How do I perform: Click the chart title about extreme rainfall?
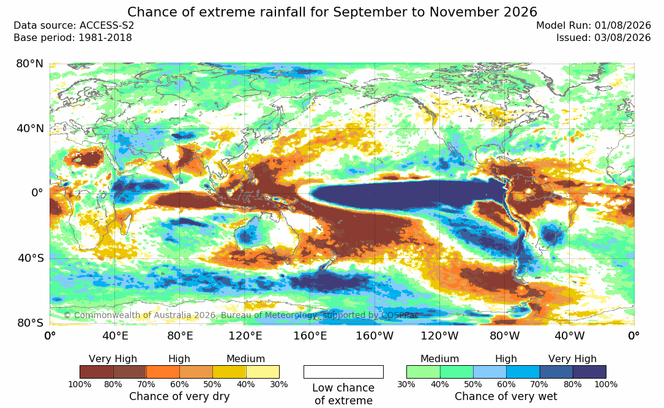click(x=332, y=12)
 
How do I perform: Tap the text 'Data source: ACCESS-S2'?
click(x=73, y=26)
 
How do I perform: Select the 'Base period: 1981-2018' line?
click(x=72, y=38)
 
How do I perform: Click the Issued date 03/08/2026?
click(x=622, y=38)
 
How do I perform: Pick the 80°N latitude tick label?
click(x=29, y=64)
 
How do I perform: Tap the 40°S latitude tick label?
click(x=30, y=258)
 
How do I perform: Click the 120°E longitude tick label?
click(x=245, y=336)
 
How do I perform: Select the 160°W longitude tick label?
click(x=375, y=336)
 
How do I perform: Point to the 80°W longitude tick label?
click(x=504, y=336)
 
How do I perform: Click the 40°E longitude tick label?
click(x=115, y=336)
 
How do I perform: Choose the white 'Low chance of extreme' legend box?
click(x=343, y=372)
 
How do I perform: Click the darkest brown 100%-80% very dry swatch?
click(x=97, y=372)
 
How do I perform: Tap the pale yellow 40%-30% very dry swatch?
click(x=263, y=372)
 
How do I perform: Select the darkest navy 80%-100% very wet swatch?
click(x=589, y=372)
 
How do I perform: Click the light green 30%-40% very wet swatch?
click(x=423, y=372)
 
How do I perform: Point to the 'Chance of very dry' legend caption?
click(x=179, y=396)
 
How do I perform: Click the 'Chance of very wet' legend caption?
click(x=506, y=396)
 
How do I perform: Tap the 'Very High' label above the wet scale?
click(x=572, y=359)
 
